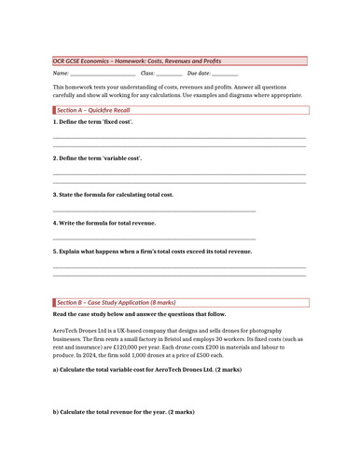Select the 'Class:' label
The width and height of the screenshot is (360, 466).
point(147,73)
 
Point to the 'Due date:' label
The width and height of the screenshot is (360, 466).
point(198,73)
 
